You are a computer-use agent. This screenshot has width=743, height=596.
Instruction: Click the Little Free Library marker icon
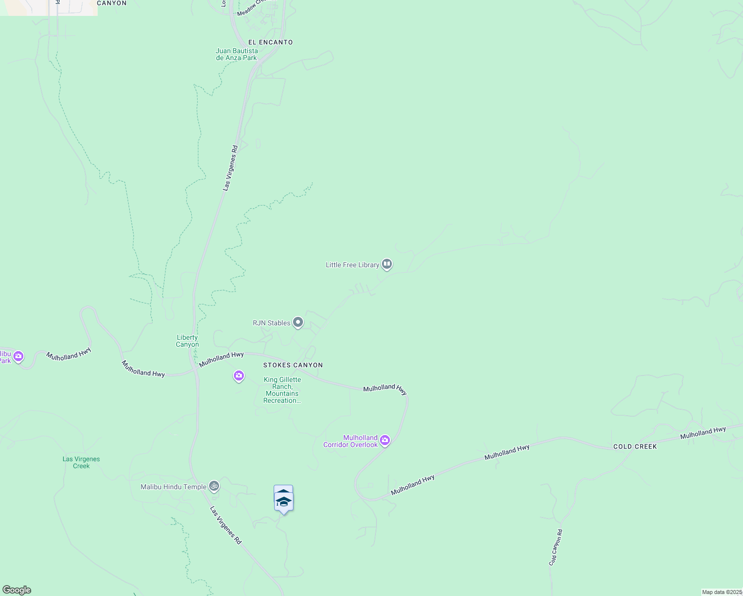coord(387,264)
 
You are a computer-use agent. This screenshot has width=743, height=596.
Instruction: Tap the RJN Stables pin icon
coord(298,322)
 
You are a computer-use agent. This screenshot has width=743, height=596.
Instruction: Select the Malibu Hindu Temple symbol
coord(214,486)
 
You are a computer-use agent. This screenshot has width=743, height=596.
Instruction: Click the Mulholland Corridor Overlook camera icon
coord(385,440)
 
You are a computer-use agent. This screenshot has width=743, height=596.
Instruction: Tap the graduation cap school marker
coord(284,501)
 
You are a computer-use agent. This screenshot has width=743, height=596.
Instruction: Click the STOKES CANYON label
coord(293,365)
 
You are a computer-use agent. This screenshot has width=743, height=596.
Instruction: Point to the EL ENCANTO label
coord(271,42)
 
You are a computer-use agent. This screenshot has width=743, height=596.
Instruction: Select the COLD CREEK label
coord(635,447)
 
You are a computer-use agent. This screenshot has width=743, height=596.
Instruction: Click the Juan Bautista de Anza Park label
coord(236,54)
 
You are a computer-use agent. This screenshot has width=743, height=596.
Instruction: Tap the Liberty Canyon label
coord(187,341)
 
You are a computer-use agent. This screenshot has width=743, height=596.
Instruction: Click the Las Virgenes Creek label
coord(81,462)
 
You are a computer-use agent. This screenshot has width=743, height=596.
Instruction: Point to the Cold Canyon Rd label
coord(556,547)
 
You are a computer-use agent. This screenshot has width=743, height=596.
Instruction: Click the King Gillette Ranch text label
coord(282,390)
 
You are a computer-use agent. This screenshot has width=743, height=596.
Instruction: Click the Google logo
coord(16,590)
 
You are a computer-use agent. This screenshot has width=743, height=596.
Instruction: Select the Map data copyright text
coord(722,592)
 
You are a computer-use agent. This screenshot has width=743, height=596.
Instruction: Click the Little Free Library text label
coord(352,265)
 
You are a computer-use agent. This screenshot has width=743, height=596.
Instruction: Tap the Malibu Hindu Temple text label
coord(173,487)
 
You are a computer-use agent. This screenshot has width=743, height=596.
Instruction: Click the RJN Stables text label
coord(271,323)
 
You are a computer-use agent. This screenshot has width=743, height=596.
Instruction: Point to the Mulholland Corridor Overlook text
coord(351,441)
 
